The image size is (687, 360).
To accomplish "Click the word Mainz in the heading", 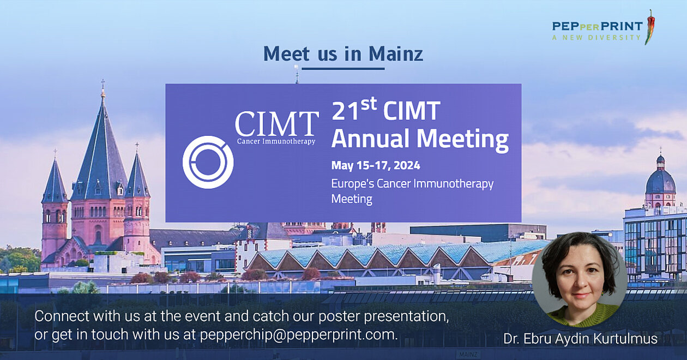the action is point(396,53).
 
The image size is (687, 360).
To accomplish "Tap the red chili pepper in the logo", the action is point(649,27).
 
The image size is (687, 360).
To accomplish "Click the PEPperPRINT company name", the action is point(597,26).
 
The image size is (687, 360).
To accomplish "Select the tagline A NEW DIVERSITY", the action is point(596,38).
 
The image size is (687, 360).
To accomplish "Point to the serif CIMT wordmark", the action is point(277,123).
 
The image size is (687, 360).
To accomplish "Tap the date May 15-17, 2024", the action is point(376,166).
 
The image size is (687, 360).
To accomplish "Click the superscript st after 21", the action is point(369,104).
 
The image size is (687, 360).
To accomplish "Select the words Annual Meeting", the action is point(420,139).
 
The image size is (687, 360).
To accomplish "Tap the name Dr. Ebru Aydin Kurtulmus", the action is point(580,339).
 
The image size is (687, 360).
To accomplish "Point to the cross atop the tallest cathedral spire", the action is point(103,83).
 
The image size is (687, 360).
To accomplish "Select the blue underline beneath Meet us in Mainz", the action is point(343,68).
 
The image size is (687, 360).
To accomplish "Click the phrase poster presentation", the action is point(384,316).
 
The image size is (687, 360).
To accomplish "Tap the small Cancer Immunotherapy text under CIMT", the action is point(276,141).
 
